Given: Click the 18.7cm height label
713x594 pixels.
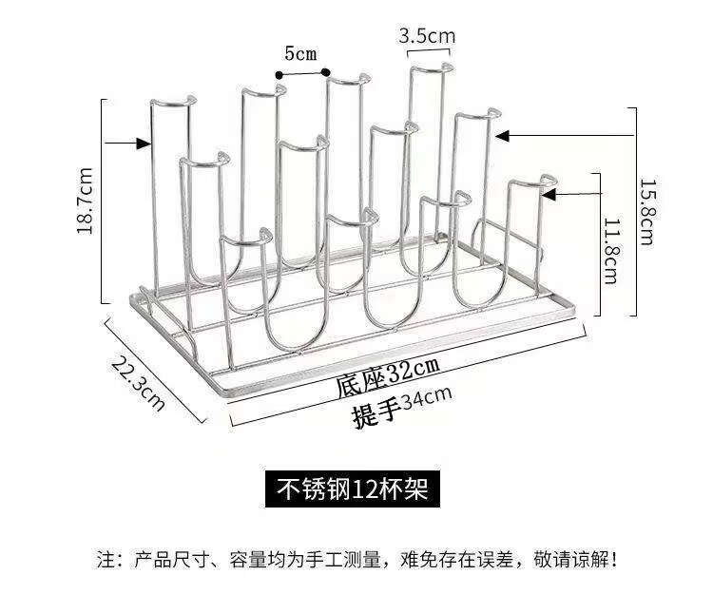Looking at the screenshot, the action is (86, 201).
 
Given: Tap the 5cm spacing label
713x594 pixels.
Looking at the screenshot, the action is (299, 53).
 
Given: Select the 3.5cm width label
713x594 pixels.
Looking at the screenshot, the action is (427, 36).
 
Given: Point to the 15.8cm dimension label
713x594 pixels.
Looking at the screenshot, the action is (646, 211).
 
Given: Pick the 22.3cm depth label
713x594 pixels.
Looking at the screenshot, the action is (138, 383).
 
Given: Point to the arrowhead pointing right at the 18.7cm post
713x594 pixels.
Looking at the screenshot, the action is (145, 144).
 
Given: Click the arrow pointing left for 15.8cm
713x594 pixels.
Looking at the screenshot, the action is (506, 136).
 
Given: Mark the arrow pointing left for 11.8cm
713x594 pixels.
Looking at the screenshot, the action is (549, 194).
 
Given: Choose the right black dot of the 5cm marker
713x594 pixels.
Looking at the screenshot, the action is (326, 72).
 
